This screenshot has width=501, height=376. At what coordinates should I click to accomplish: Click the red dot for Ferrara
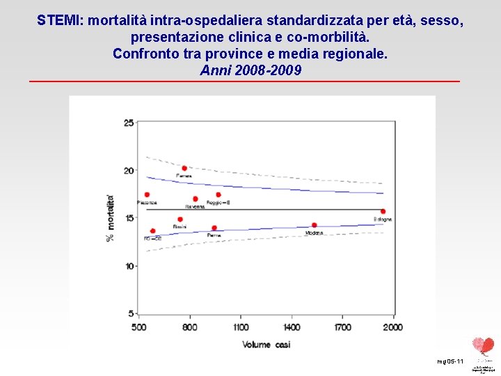[184, 169]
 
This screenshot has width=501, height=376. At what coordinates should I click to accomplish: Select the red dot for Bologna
[383, 211]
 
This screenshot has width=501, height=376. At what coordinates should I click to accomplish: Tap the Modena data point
[314, 225]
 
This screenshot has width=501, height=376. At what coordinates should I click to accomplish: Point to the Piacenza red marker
[147, 195]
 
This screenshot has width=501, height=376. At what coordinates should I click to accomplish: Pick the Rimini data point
[180, 219]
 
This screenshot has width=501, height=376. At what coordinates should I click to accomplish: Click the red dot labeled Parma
[214, 228]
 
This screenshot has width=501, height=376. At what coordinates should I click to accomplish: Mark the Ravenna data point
[196, 199]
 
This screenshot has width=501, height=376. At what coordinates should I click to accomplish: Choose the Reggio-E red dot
[218, 195]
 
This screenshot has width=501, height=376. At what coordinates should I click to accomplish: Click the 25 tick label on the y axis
[129, 123]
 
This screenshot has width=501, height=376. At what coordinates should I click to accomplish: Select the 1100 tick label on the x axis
[241, 327]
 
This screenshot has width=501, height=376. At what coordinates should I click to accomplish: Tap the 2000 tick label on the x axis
[393, 327]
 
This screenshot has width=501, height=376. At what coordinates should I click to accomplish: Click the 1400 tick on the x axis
[292, 327]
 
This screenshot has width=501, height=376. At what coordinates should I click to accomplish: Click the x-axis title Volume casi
[267, 344]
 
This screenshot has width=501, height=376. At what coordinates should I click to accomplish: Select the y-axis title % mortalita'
[110, 217]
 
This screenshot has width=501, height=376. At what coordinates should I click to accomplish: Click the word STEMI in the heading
[58, 21]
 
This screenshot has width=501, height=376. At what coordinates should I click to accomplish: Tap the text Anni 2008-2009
[250, 70]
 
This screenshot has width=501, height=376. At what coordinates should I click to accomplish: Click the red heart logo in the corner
[482, 345]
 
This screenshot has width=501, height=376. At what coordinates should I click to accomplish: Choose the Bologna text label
[383, 219]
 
